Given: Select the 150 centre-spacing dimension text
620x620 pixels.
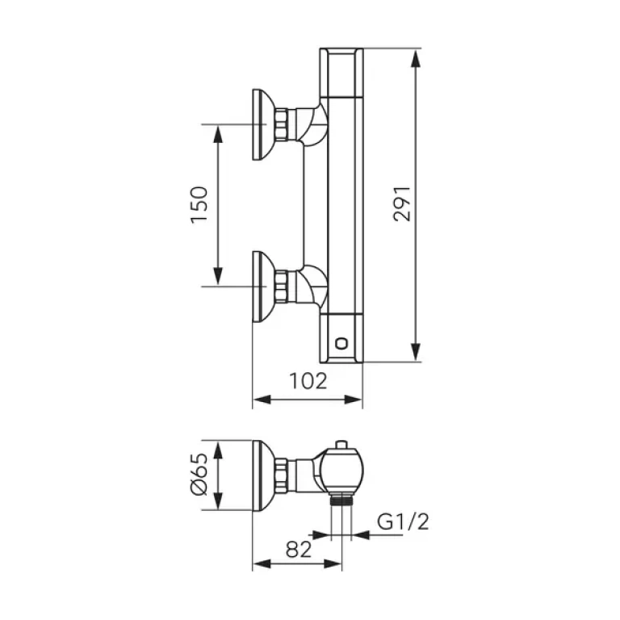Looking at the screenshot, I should click(x=199, y=205).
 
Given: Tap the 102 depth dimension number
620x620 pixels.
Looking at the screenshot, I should click(x=308, y=381).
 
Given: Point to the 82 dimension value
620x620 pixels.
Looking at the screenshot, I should click(x=299, y=549).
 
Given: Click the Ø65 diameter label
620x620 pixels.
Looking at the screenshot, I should click(x=199, y=475).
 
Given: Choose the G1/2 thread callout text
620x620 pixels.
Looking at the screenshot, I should click(x=403, y=522).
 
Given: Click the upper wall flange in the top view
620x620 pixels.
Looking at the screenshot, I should click(x=261, y=124).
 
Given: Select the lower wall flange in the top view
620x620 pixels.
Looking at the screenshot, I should click(x=261, y=286).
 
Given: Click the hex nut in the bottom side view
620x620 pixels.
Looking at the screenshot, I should click(x=281, y=475).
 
